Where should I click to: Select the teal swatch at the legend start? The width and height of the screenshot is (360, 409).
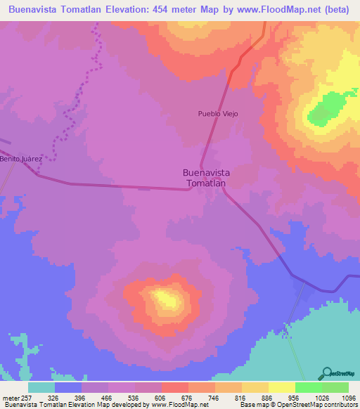click(x=41, y=387)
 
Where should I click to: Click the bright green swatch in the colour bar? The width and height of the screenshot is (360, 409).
click(x=308, y=387)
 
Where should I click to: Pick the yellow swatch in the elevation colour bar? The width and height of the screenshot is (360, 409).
click(x=281, y=387)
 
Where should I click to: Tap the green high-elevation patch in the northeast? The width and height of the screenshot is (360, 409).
click(x=325, y=110)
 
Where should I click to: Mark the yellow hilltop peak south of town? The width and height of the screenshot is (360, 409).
click(x=166, y=299)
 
